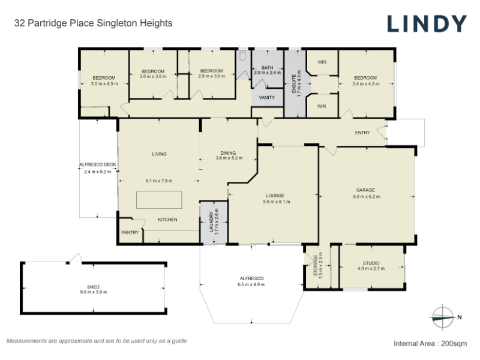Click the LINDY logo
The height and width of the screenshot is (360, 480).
click(427, 23)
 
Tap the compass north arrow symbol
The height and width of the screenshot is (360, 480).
click(443, 317)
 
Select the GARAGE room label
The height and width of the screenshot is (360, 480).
click(365, 190)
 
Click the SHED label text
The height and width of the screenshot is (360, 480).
click(93, 287)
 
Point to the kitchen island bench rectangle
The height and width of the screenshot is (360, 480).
click(159, 200)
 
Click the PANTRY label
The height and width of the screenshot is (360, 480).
click(130, 233)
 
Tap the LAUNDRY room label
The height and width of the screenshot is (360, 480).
click(211, 222)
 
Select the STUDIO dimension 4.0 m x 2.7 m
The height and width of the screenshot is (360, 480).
click(371, 269)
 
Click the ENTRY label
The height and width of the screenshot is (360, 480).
click(362, 133)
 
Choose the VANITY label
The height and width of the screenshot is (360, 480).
click(266, 98)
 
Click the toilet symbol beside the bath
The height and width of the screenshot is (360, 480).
click(243, 55)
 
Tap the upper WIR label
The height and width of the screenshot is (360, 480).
click(322, 62)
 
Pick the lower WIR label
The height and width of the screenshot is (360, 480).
click(322, 107)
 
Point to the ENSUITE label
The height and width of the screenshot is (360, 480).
click(294, 84)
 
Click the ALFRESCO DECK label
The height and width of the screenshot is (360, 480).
click(98, 164)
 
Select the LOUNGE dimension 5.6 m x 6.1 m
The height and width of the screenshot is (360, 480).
click(277, 202)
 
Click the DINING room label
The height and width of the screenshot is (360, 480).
click(229, 153)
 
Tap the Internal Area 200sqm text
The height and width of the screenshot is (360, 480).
click(430, 343)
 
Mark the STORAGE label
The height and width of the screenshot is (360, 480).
click(316, 265)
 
